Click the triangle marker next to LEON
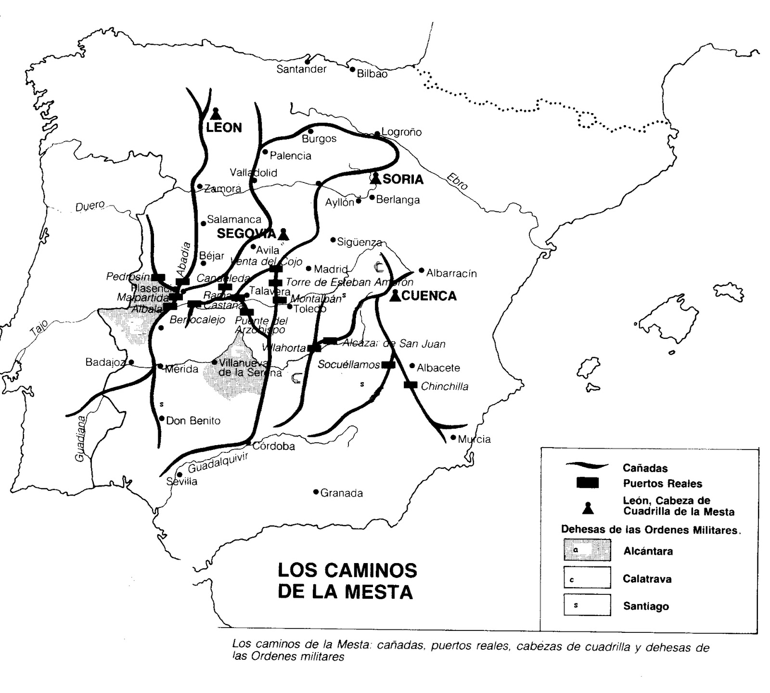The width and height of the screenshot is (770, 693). point(216,114)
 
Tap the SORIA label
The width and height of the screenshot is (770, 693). point(403,179)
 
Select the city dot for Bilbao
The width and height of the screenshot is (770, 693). point(352,70)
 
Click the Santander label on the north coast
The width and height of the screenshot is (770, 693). point(301,69)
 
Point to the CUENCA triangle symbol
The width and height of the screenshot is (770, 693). point(395,295)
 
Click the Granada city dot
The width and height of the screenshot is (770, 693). point(316,492)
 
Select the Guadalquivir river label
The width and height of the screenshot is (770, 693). point(218,462)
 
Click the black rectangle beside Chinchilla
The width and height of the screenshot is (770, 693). point(410,385)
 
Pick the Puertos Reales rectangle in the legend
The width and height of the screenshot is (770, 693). point(587,483)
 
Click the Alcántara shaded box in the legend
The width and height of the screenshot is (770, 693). point(587,550)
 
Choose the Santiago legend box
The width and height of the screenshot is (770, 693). point(587,605)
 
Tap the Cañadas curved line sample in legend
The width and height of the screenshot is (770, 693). point(587,465)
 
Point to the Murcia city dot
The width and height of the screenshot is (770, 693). point(453,437)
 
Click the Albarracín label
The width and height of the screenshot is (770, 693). point(451,273)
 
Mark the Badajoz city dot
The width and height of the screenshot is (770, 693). point(131,362)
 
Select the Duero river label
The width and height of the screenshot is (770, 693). point(90,206)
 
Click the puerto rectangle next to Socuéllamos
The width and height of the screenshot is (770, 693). point(388,365)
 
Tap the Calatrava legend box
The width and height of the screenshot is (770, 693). point(587,577)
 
